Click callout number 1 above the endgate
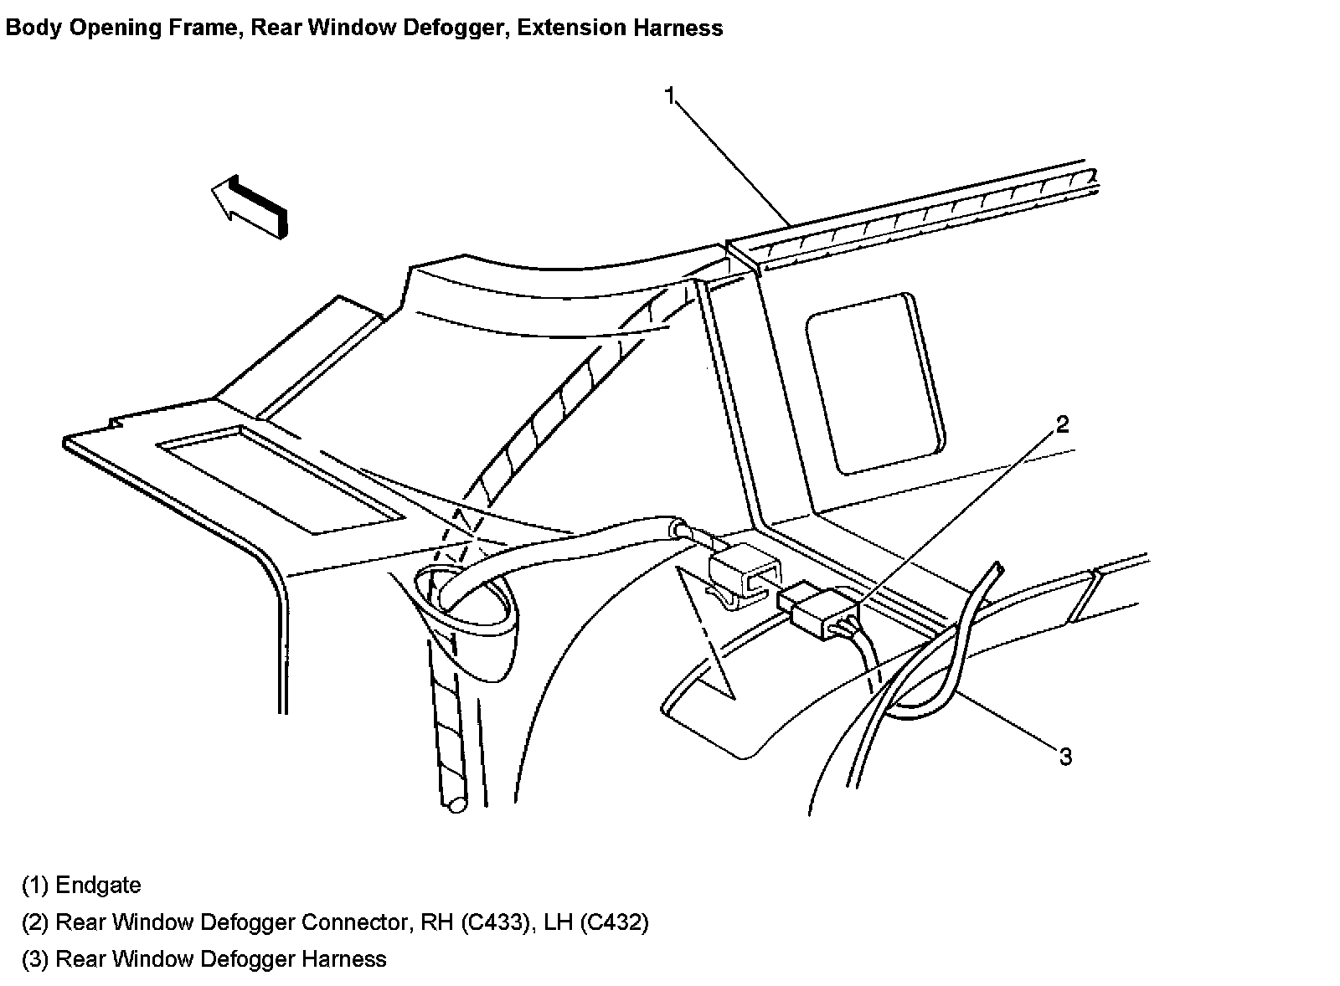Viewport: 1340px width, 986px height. pos(669,95)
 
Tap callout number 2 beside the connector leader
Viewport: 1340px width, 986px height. pos(1061,424)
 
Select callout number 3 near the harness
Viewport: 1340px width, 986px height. pos(1064,757)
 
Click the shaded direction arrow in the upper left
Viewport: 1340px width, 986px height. pos(250,206)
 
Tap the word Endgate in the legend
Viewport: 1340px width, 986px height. pos(98,885)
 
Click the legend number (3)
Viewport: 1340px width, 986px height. pos(35,958)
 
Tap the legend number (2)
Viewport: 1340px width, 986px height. pos(35,922)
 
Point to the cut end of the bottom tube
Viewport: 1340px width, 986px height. pos(456,805)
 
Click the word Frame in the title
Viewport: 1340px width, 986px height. pos(209,28)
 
